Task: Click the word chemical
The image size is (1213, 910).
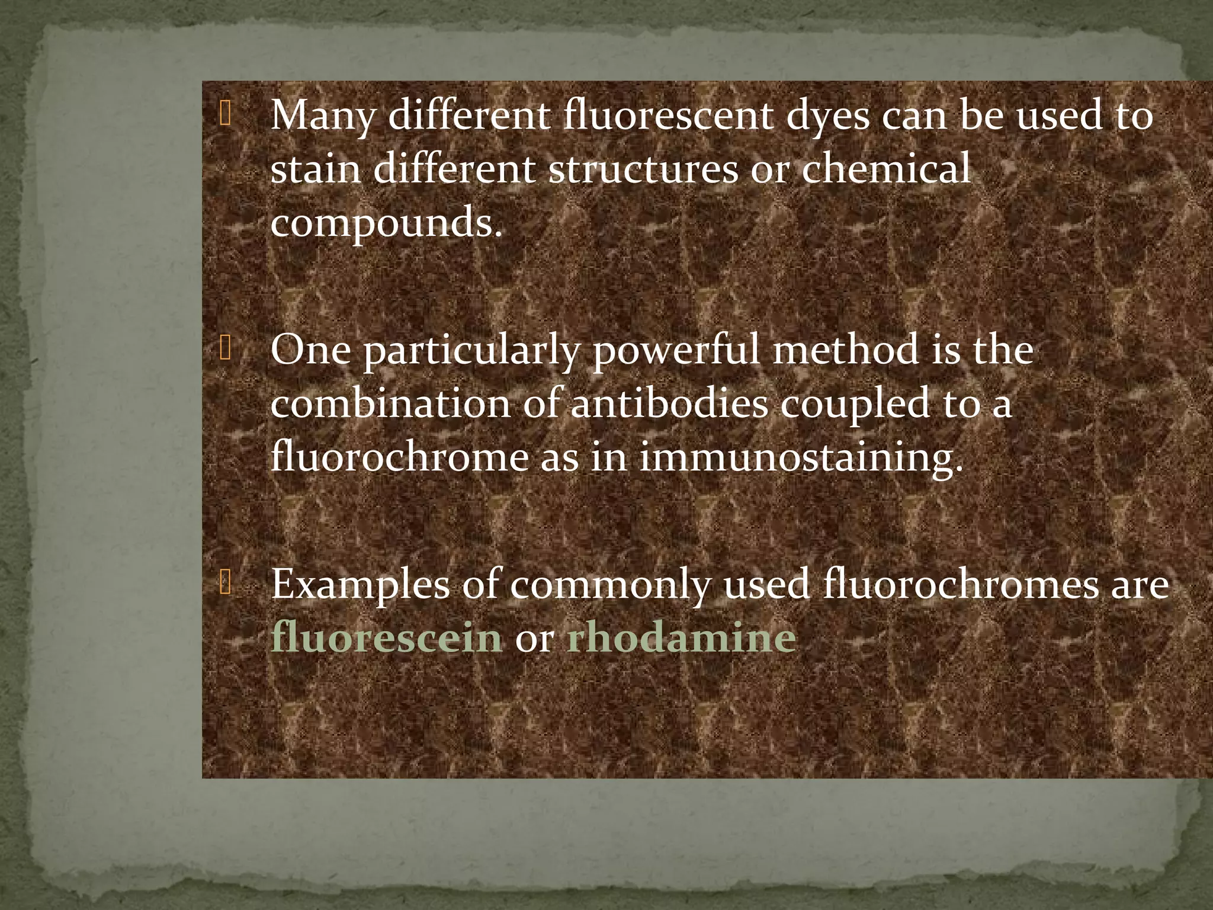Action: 886,168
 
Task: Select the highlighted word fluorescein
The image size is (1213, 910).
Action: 387,638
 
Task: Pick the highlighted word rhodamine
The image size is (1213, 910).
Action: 681,638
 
